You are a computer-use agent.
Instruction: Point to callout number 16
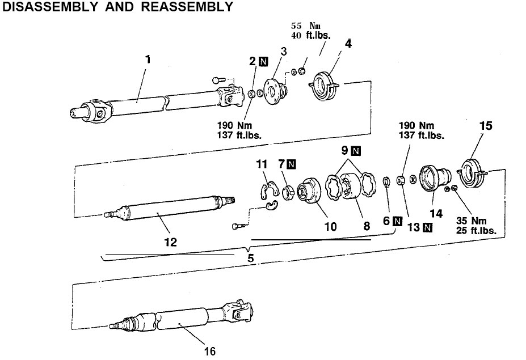tap(210, 351)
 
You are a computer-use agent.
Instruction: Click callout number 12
tap(170, 242)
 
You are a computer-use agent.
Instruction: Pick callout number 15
tap(485, 126)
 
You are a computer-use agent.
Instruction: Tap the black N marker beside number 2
tap(263, 62)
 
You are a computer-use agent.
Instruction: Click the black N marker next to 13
tap(427, 228)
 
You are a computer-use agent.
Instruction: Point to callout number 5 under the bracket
tap(250, 257)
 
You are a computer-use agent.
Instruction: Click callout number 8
tap(367, 226)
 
